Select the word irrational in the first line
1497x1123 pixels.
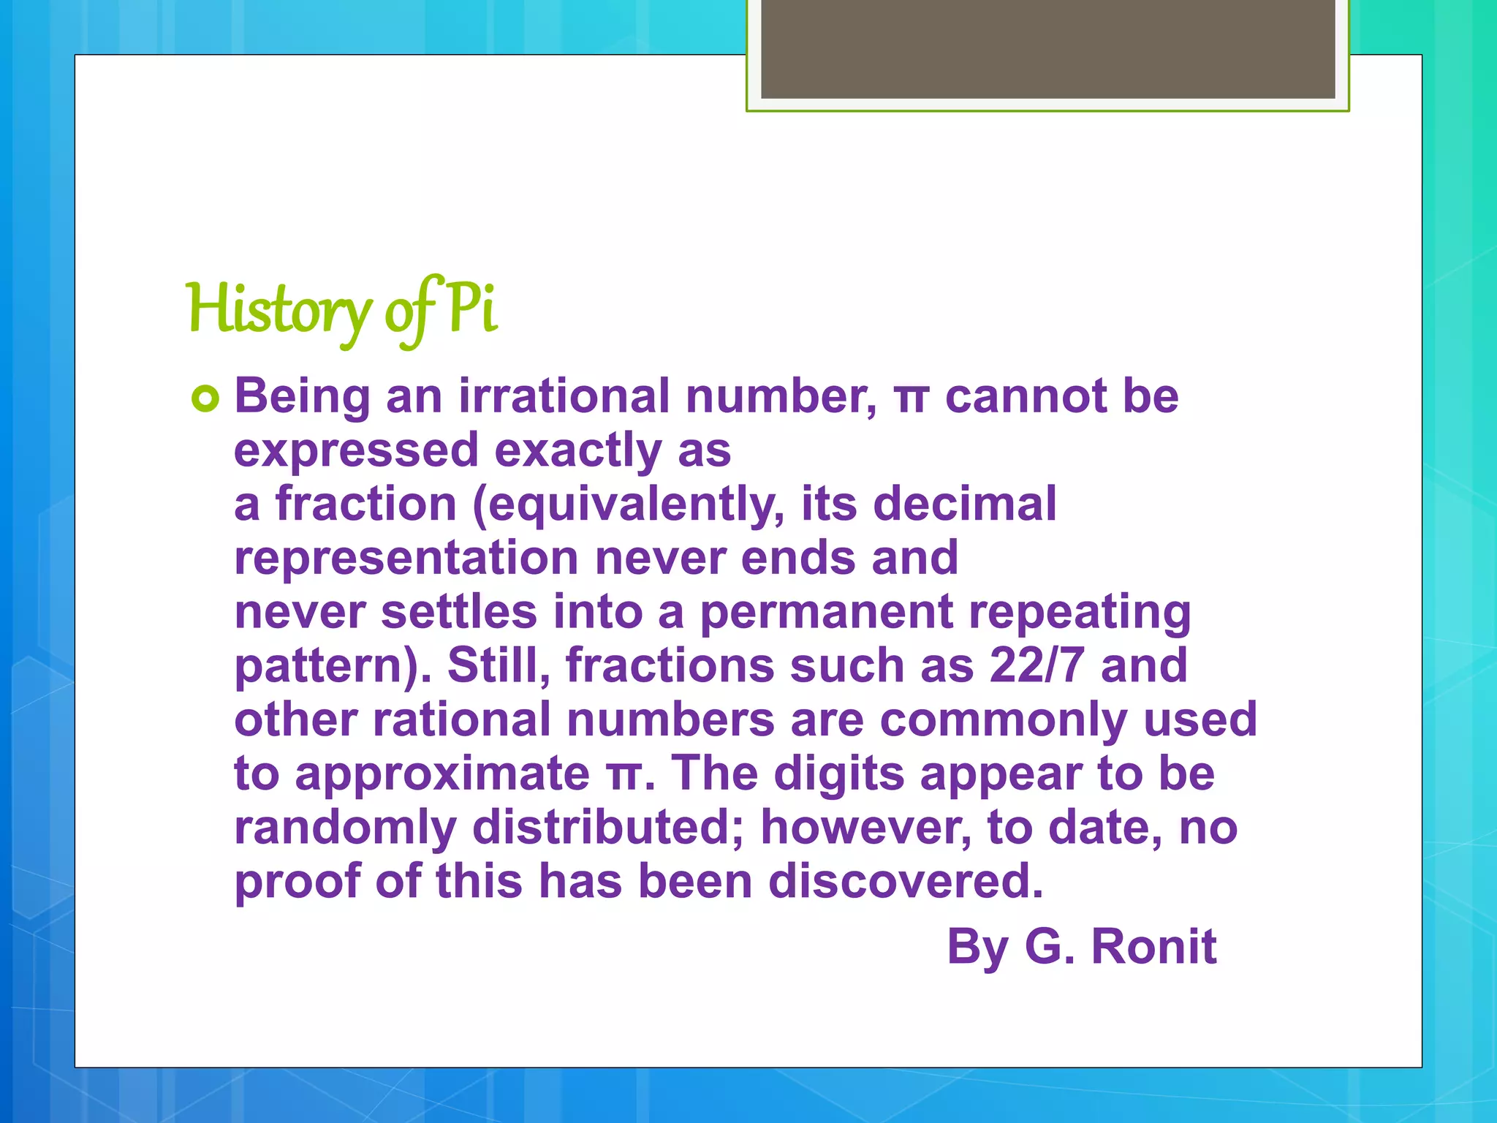point(564,396)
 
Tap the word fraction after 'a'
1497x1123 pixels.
point(365,504)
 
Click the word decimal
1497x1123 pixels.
point(965,504)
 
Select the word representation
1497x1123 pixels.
point(406,559)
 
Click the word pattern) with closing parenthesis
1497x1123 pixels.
point(333,667)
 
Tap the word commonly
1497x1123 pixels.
point(1003,719)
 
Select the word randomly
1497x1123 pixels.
point(345,828)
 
